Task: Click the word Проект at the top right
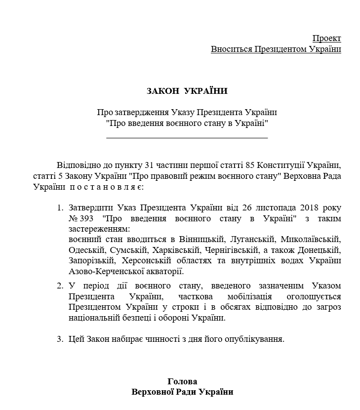click(x=326, y=39)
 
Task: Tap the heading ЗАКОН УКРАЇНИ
click(x=187, y=91)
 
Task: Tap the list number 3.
click(x=60, y=339)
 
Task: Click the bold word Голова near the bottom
click(x=182, y=382)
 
